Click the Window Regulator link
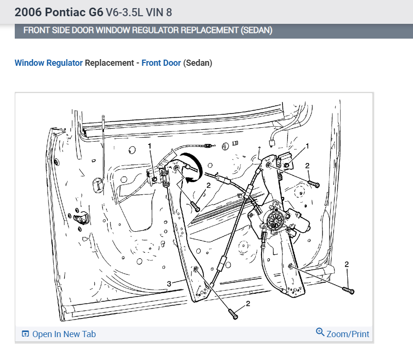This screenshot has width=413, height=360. pyautogui.click(x=49, y=63)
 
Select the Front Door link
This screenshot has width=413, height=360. pyautogui.click(x=161, y=63)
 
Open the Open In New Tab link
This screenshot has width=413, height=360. pyautogui.click(x=64, y=334)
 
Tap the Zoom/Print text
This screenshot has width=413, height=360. pyautogui.click(x=348, y=334)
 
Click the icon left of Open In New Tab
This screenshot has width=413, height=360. pyautogui.click(x=26, y=334)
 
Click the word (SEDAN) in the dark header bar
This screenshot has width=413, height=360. pyautogui.click(x=256, y=31)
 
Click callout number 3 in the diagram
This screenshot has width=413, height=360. pyautogui.click(x=169, y=284)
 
